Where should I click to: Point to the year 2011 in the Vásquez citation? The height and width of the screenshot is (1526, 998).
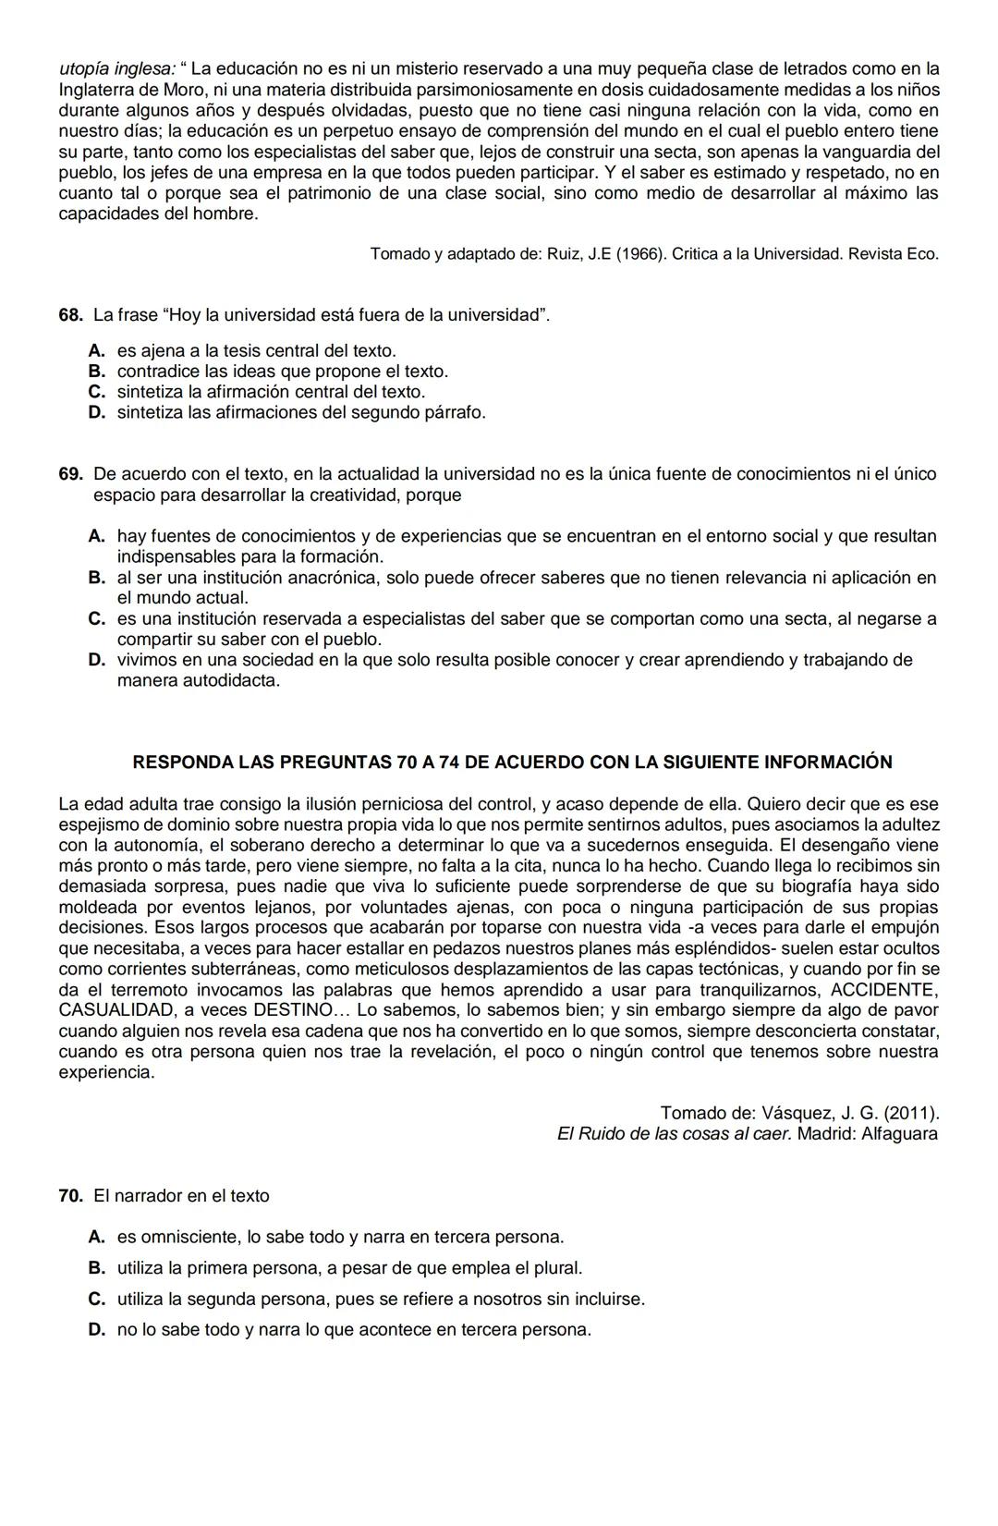[909, 1113]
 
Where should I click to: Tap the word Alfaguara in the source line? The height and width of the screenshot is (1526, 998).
[899, 1133]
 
